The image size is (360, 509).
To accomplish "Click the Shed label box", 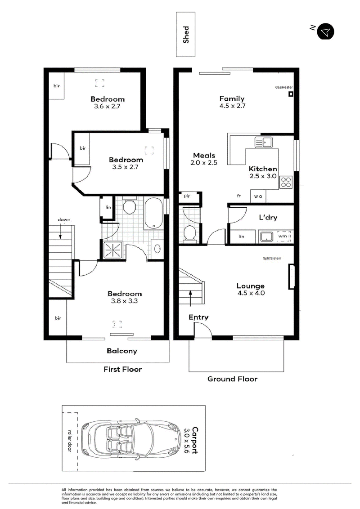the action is tap(185, 35).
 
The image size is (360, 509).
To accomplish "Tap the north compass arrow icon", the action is tap(325, 31).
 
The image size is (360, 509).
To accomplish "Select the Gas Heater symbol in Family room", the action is tap(291, 94).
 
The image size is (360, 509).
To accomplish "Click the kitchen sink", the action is tap(264, 142).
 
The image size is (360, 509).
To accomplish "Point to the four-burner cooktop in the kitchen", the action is tap(286, 182).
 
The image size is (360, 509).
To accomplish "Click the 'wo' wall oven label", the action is tap(258, 196).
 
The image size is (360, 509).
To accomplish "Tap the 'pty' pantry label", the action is tap(187, 196).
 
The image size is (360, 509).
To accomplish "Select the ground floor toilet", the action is tap(189, 234).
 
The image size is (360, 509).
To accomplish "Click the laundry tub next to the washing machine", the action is tap(266, 237).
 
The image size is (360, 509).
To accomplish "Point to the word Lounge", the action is tap(250, 286).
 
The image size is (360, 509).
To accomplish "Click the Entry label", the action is tap(198, 317).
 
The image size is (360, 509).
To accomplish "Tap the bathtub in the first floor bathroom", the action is tap(154, 213).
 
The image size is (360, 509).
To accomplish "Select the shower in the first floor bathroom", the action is tap(112, 250).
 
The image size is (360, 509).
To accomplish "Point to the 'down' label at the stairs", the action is tap(64, 219).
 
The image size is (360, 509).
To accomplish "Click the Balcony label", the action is tap(122, 351).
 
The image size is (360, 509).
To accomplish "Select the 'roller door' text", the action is tap(69, 441).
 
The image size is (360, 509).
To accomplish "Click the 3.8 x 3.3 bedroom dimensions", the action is tap(124, 301).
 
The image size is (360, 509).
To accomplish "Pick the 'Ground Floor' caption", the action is tap(232, 379).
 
